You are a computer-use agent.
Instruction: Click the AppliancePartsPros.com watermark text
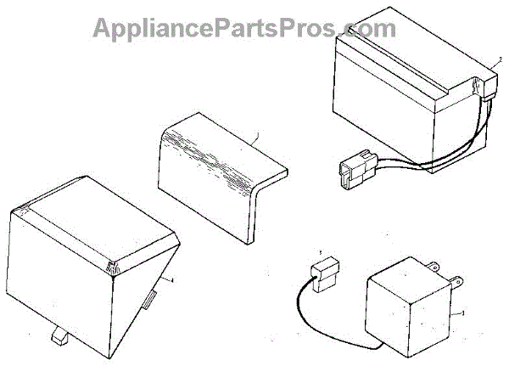[243, 27]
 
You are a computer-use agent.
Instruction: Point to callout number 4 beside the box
[172, 279]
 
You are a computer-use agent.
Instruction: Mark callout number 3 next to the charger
[463, 314]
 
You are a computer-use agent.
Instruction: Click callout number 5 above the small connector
[319, 253]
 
